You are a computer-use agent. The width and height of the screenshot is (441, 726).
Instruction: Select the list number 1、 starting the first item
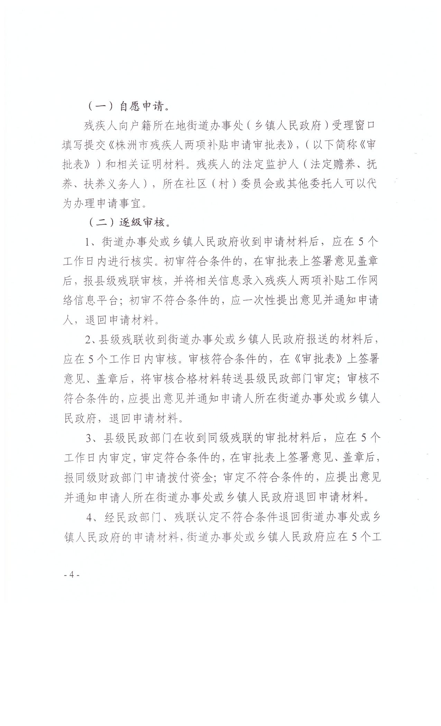92,242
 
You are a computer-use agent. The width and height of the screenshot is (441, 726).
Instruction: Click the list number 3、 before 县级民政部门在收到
92,439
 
